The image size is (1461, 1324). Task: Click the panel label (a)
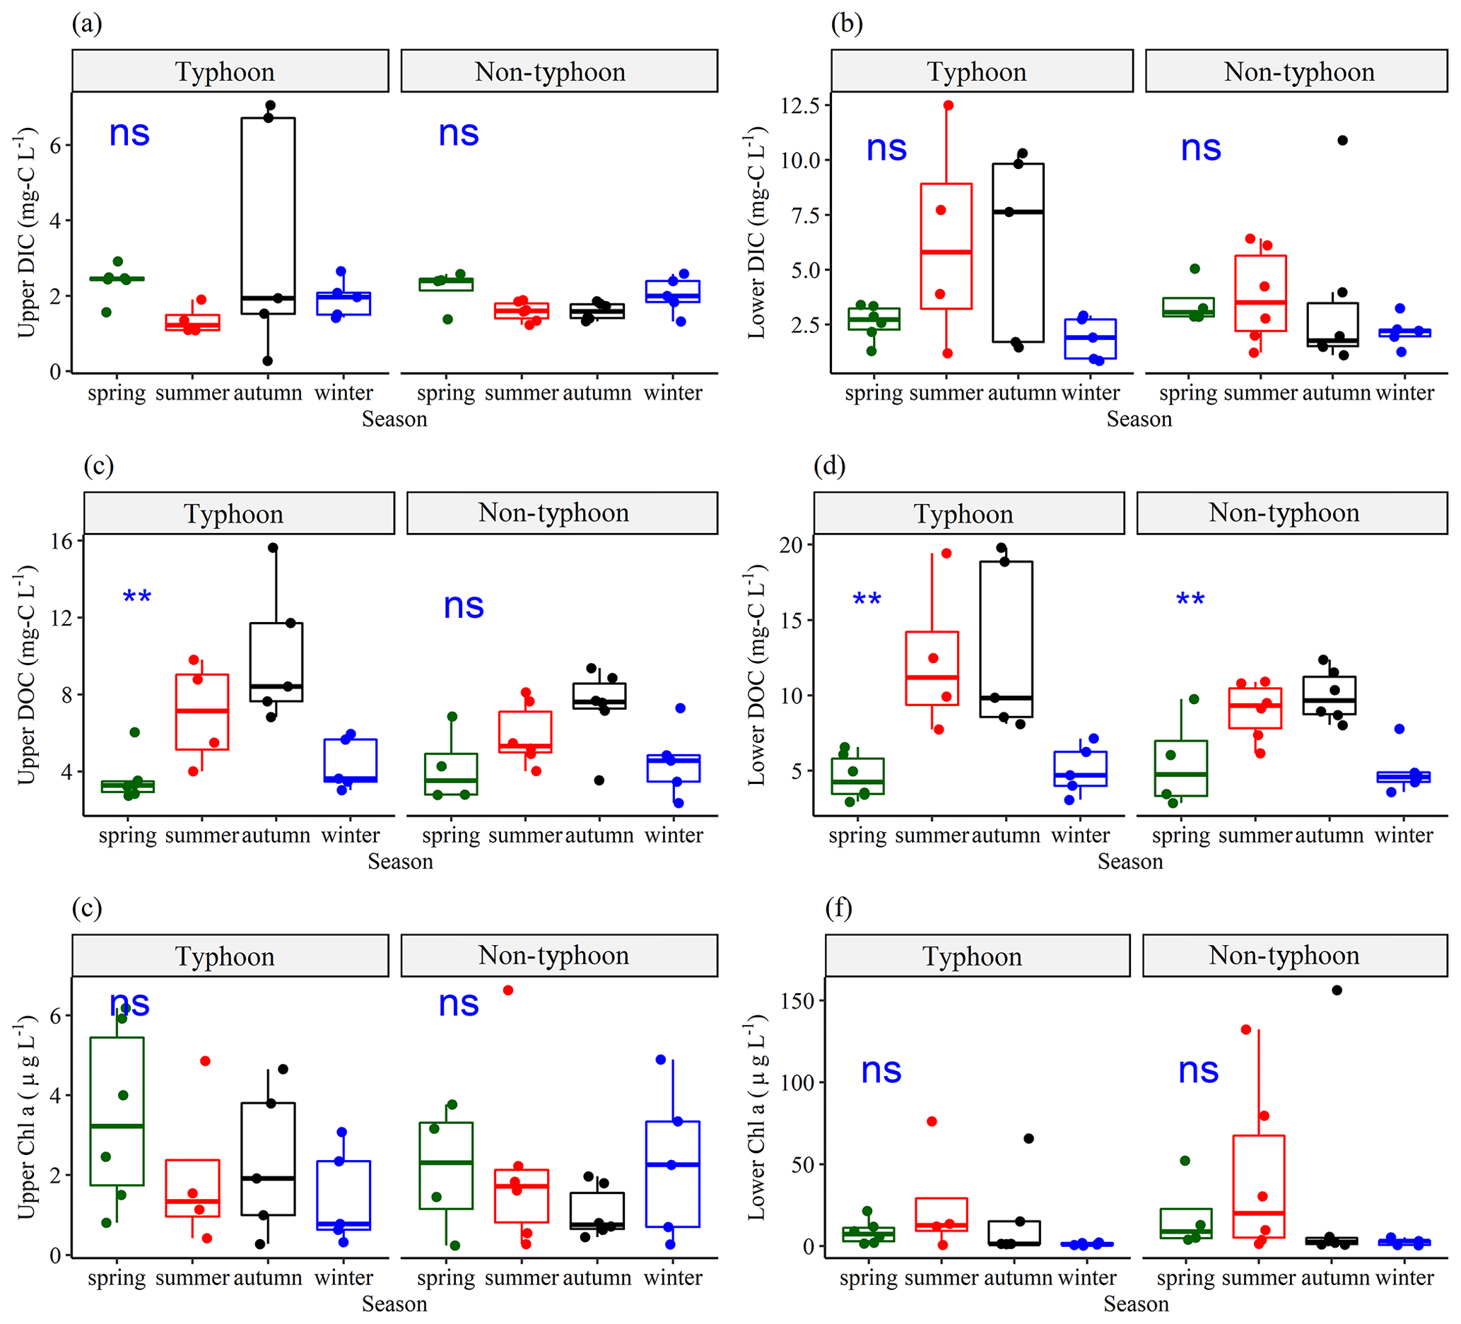87,24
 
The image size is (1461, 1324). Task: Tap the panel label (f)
838,908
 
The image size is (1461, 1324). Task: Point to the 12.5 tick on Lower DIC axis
799,105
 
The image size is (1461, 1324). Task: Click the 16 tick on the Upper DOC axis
62,541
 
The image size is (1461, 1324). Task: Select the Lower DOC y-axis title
756,675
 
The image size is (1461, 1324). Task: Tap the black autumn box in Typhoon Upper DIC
267,215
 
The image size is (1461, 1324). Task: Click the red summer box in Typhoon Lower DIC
946,247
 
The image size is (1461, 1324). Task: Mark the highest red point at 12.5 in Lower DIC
948,105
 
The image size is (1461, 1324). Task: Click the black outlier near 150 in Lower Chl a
1337,990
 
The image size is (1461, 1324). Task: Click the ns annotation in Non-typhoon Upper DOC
463,606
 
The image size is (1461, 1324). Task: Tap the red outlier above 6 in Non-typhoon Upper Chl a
508,990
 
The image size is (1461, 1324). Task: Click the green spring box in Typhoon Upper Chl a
117,1111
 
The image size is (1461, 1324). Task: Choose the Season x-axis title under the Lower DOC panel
1129,862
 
